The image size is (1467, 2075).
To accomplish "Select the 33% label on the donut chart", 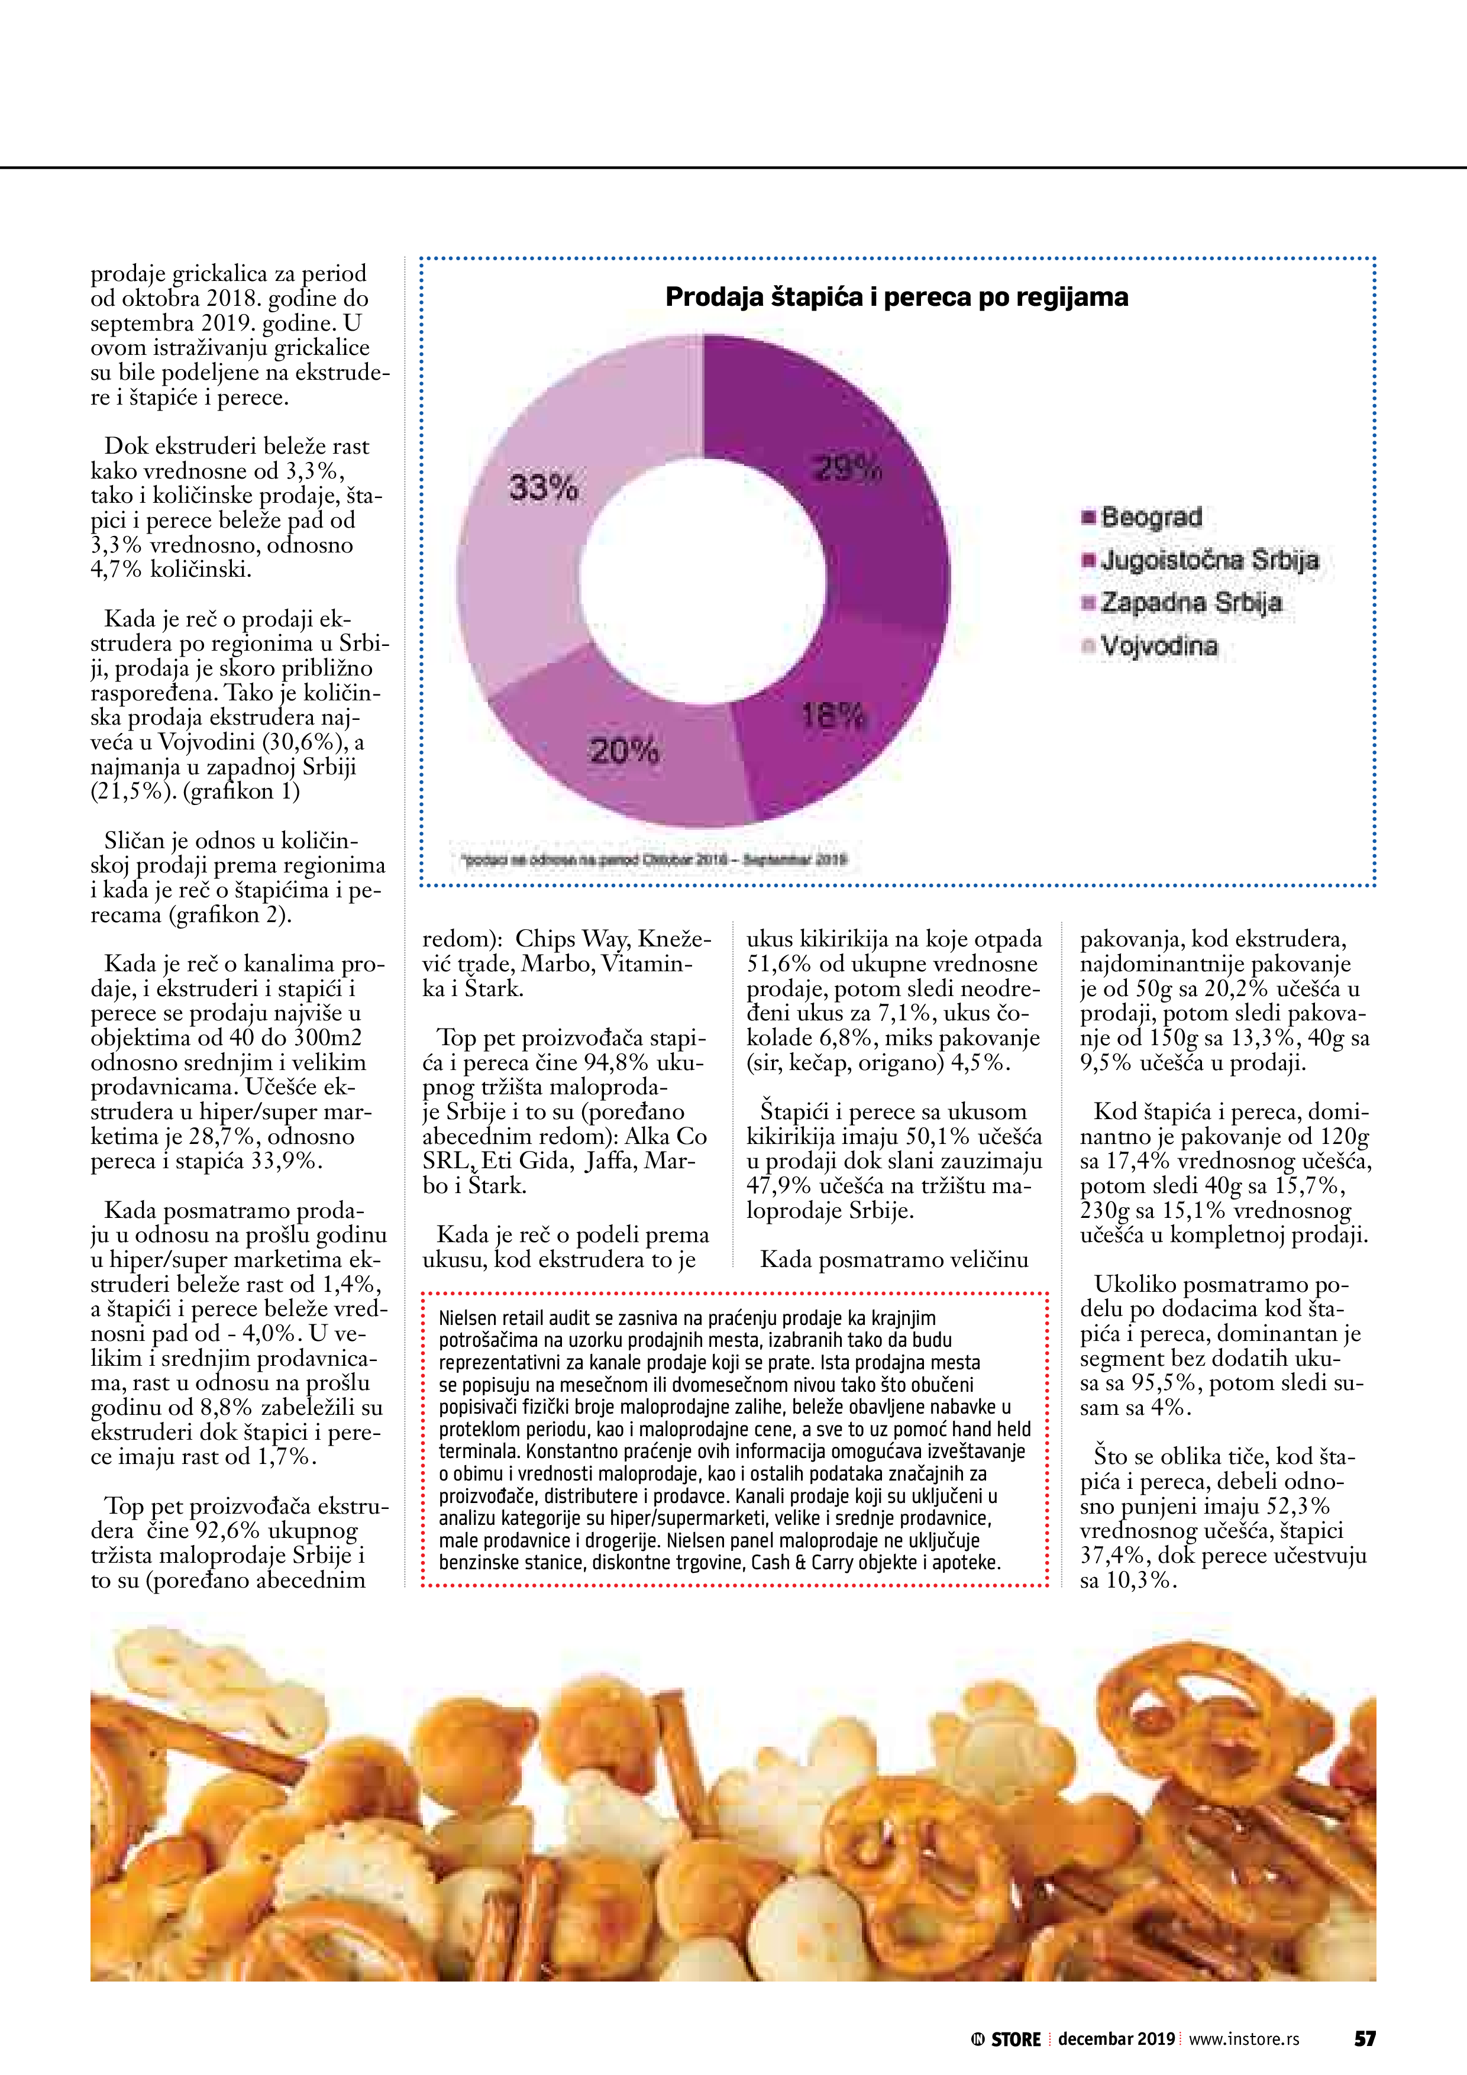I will (x=543, y=488).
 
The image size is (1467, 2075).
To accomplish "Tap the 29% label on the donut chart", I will (x=847, y=468).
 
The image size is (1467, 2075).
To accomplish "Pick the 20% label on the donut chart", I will (x=623, y=750).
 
